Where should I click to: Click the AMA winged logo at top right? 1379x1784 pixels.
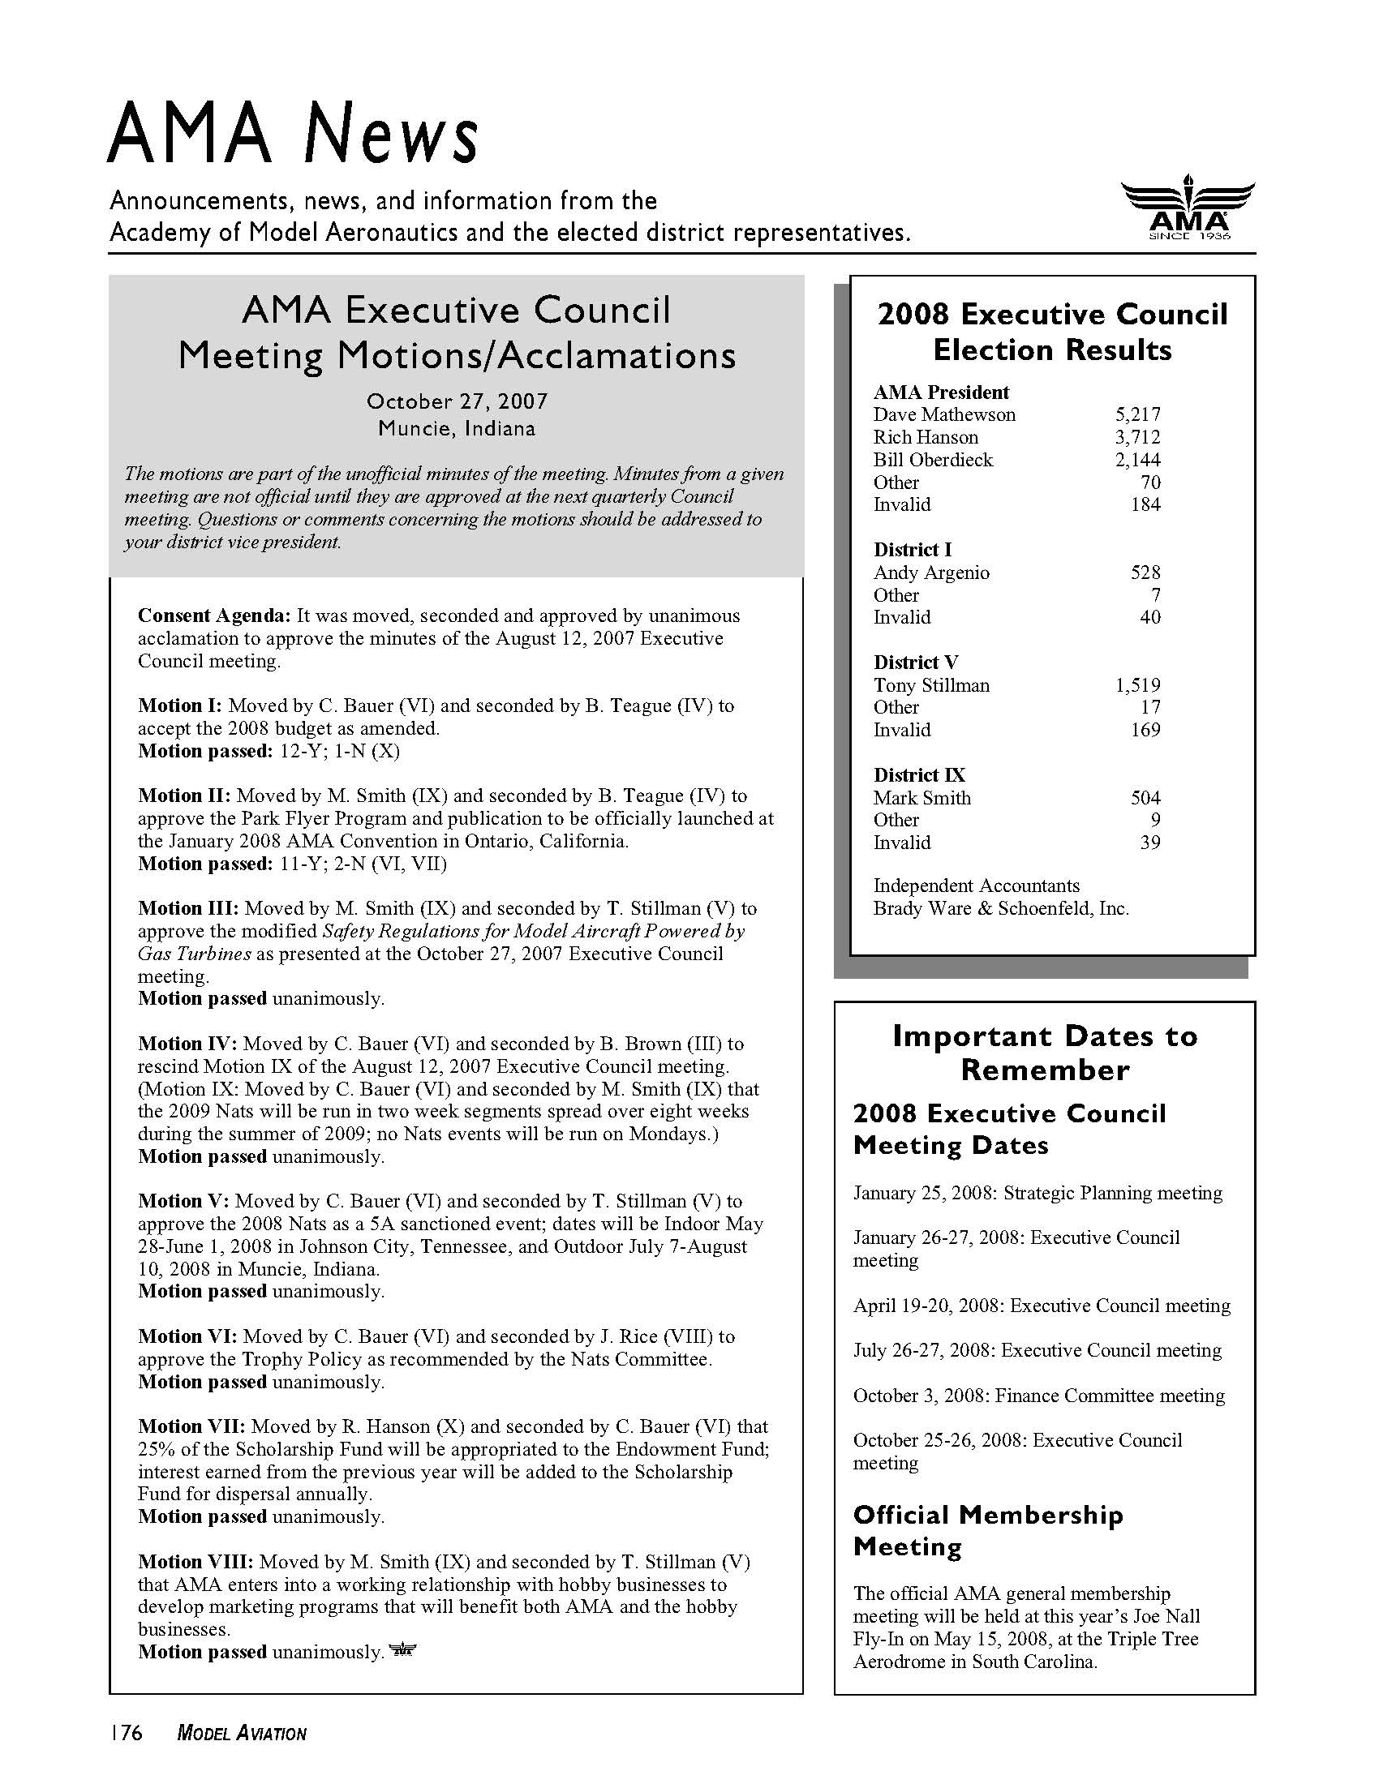coord(1188,208)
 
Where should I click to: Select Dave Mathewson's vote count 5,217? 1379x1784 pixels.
coord(1137,414)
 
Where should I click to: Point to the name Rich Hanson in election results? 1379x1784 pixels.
coord(925,437)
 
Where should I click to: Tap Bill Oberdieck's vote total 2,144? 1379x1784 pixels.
coord(1137,460)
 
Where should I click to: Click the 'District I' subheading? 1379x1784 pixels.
coord(913,550)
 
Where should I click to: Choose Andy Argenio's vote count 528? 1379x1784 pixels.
coord(1145,573)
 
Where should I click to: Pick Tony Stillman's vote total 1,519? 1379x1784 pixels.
coord(1137,685)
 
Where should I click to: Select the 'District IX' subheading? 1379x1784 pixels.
coord(919,775)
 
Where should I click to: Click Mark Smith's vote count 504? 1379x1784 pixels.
coord(1145,798)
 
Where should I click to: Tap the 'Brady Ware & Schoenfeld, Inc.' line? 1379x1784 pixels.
coord(1001,908)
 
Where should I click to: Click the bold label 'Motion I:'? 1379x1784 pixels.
coord(180,705)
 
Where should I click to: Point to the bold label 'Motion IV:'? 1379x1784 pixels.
coord(187,1044)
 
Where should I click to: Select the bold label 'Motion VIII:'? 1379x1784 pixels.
coord(195,1562)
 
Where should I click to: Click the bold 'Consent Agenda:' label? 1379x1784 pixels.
coord(214,616)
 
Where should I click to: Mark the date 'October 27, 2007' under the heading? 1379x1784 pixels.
coord(457,402)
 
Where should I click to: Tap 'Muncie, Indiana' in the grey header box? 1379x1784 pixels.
coord(457,429)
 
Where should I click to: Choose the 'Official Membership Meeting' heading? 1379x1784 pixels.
coord(988,1531)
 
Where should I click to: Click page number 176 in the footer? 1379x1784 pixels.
coord(127,1734)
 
